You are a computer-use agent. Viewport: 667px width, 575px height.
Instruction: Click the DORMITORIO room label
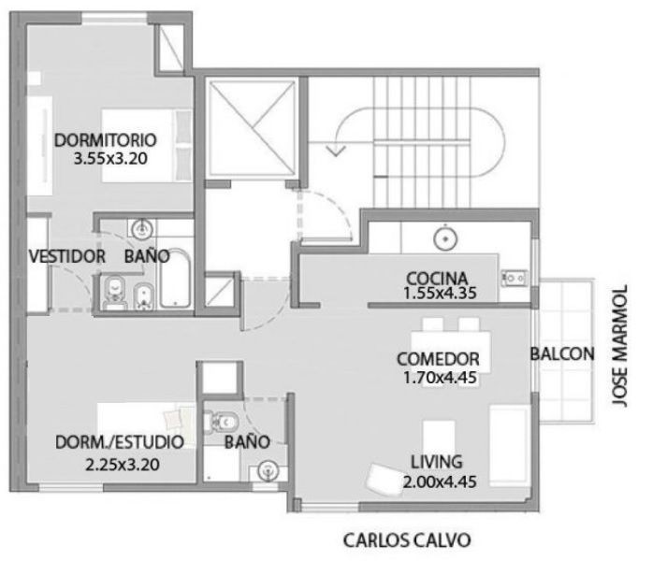pyautogui.click(x=106, y=140)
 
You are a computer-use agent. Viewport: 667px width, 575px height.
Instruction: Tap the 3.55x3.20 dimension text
pyautogui.click(x=110, y=159)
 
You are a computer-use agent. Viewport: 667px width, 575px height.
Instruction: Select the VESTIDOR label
pyautogui.click(x=66, y=256)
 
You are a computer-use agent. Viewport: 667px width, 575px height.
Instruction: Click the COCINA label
pyautogui.click(x=437, y=279)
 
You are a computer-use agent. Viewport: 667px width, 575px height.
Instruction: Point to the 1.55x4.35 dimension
pyautogui.click(x=440, y=293)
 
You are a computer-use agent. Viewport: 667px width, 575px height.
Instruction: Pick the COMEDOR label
pyautogui.click(x=438, y=359)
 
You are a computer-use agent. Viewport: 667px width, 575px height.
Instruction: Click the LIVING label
pyautogui.click(x=437, y=462)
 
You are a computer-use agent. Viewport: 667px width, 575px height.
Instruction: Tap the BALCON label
pyautogui.click(x=562, y=353)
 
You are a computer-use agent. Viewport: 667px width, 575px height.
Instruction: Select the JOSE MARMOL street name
pyautogui.click(x=620, y=346)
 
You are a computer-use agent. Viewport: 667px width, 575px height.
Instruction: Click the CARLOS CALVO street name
pyautogui.click(x=407, y=540)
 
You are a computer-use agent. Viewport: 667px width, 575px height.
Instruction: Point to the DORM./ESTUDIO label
pyautogui.click(x=120, y=442)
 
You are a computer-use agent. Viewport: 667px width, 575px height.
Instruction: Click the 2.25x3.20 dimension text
pyautogui.click(x=123, y=465)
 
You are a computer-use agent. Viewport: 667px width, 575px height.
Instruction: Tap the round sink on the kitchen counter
pyautogui.click(x=445, y=238)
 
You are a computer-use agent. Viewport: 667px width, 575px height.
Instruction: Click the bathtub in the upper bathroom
pyautogui.click(x=174, y=279)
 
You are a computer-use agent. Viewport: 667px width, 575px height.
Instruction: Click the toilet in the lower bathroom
pyautogui.click(x=221, y=423)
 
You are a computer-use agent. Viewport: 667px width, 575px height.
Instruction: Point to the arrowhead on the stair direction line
pyautogui.click(x=336, y=151)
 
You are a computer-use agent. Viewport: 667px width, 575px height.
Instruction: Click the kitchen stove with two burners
pyautogui.click(x=515, y=279)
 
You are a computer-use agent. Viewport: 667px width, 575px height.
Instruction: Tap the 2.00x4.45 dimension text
pyautogui.click(x=440, y=482)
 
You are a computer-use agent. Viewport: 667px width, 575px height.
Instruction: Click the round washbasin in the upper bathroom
pyautogui.click(x=142, y=230)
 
